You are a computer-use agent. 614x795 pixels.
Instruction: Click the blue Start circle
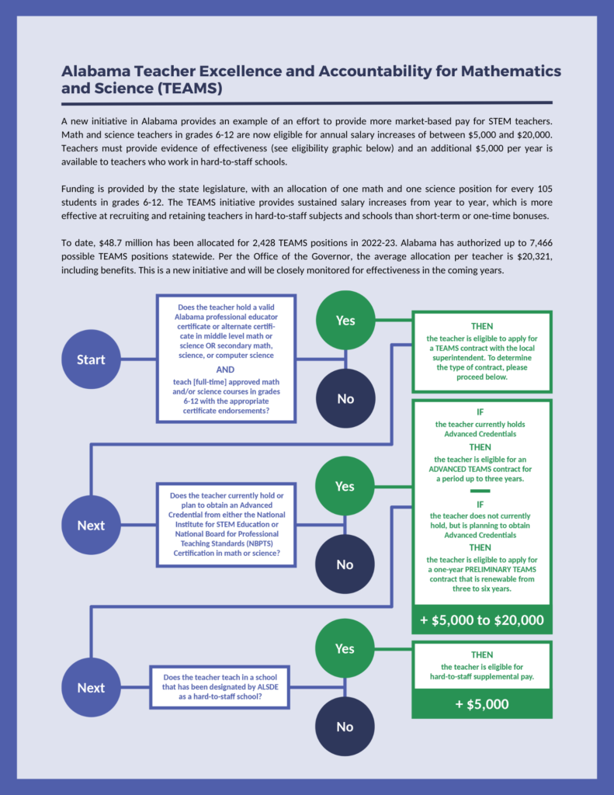click(x=91, y=359)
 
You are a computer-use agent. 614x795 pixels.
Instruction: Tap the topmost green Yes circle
click(x=345, y=320)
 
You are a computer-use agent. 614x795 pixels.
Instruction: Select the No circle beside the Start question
click(x=345, y=398)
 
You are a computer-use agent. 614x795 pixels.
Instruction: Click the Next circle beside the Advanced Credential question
click(x=91, y=526)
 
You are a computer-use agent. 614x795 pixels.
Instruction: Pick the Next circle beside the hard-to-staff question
click(x=91, y=688)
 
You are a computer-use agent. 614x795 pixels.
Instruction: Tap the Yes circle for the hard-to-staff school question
click(x=345, y=648)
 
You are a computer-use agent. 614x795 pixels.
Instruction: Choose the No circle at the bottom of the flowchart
click(x=345, y=727)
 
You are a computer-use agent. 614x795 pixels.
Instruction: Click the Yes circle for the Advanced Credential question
click(x=345, y=486)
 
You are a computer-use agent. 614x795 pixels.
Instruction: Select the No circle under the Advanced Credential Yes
click(x=345, y=564)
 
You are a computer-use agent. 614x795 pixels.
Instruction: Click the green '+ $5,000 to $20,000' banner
click(x=482, y=620)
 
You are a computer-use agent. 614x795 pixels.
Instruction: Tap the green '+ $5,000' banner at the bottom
click(x=482, y=704)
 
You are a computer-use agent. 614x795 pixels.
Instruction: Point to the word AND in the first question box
click(x=226, y=370)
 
